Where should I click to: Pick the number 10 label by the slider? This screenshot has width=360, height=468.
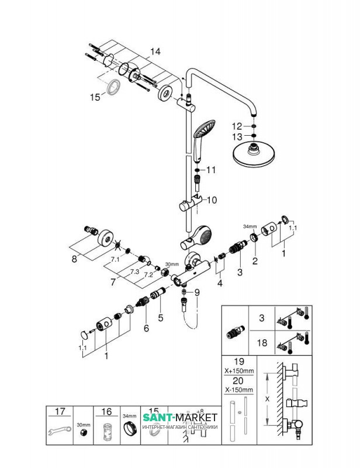click(x=211, y=200)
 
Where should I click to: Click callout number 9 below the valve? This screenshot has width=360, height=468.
click(x=197, y=292)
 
